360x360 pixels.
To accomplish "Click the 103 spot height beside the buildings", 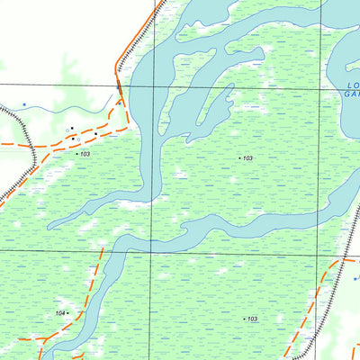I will [x=85, y=155].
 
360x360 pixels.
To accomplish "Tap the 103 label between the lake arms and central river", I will [x=247, y=157].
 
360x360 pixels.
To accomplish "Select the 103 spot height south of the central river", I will [x=252, y=319].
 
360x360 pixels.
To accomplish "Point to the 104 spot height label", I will [x=59, y=312].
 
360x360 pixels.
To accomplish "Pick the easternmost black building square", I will [x=95, y=134].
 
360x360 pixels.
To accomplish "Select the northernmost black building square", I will [x=71, y=128].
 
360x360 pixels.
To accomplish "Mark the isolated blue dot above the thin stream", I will [x=24, y=104].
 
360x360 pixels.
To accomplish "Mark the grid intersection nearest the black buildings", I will [x=151, y=85].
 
